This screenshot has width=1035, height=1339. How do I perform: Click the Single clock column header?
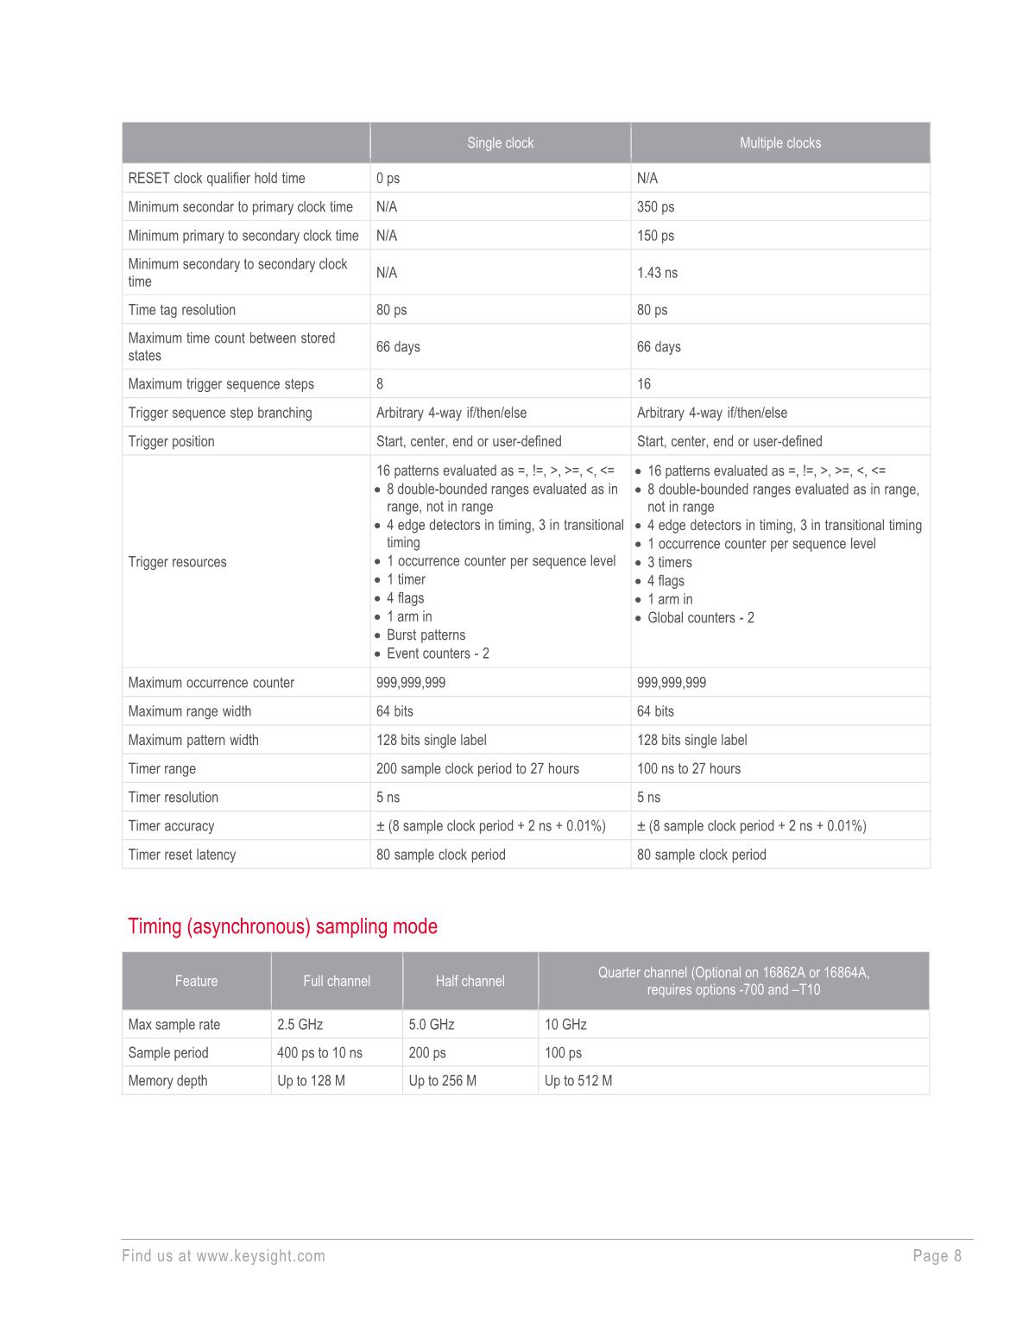click(x=500, y=143)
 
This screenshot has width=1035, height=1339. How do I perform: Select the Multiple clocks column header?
click(x=779, y=143)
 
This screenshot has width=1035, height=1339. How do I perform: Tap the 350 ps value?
click(x=655, y=207)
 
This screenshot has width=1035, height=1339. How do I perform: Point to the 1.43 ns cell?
click(x=657, y=273)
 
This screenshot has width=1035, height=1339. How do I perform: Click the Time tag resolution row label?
click(x=181, y=310)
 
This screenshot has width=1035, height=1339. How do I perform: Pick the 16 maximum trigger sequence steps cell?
click(x=644, y=384)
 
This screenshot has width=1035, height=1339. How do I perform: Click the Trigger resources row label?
click(x=177, y=562)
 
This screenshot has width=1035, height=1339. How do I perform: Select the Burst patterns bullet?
click(x=426, y=635)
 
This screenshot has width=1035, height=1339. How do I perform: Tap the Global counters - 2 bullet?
click(x=700, y=618)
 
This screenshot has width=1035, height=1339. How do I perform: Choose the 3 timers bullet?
click(x=669, y=563)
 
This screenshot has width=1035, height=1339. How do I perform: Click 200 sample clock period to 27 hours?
click(x=477, y=769)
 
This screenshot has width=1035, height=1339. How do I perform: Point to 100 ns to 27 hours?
click(x=688, y=769)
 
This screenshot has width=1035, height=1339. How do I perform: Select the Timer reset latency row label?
click(x=181, y=855)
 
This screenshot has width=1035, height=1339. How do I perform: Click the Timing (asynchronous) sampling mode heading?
click(x=282, y=926)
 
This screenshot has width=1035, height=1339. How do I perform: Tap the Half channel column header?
click(x=470, y=981)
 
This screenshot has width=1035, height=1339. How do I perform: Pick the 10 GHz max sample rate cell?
click(x=565, y=1025)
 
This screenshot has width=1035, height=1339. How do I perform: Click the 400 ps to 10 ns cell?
click(x=319, y=1053)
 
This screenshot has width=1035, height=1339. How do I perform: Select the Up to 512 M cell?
click(x=578, y=1081)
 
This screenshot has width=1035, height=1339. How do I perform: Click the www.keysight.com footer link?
click(x=260, y=1256)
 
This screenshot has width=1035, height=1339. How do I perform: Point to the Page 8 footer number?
click(x=937, y=1256)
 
